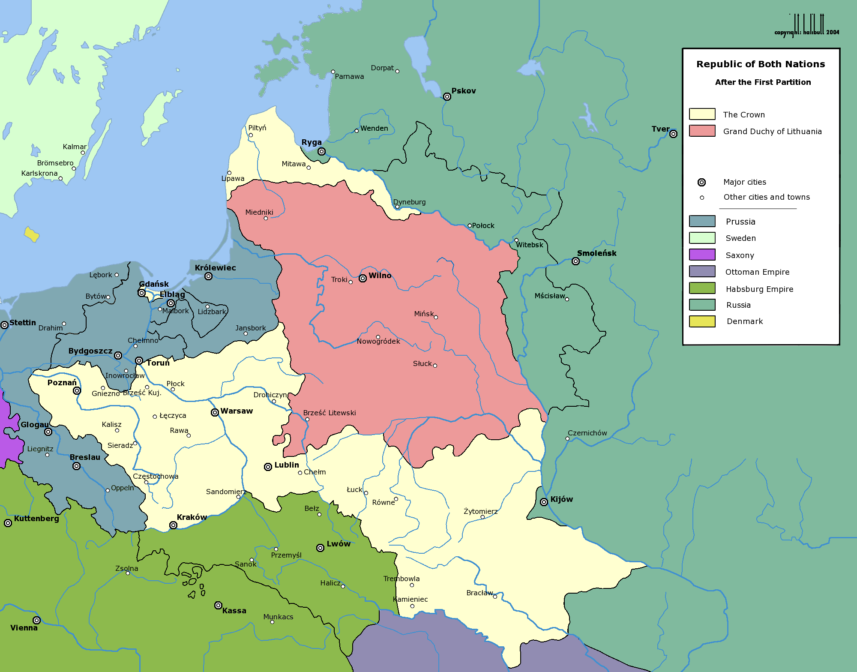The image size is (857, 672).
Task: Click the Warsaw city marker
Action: coord(215,412)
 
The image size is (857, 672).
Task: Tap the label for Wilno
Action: coord(380,276)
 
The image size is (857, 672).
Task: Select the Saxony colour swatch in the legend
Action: coord(702,255)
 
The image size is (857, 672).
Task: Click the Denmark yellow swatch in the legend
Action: coord(702,321)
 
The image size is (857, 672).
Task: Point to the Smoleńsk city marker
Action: coord(575,261)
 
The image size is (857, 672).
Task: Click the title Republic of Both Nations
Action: coord(760,64)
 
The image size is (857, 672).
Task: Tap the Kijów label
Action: coord(561,499)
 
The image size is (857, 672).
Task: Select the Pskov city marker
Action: coord(447,96)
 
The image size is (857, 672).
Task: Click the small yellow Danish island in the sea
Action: coord(32,234)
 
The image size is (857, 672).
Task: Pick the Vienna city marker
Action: coord(37,620)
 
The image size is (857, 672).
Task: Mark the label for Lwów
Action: coord(339,544)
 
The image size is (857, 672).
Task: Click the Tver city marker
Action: coord(673,134)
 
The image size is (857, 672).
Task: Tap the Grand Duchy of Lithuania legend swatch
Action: coord(702,131)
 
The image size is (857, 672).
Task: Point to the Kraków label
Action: coord(192,517)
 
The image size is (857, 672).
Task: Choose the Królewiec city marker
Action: coord(208,276)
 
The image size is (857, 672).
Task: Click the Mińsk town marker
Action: coord(436,317)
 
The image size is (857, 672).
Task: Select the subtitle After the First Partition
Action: coord(763,82)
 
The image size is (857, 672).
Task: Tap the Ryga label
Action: coord(312,142)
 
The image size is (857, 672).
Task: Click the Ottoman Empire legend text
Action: coord(757,272)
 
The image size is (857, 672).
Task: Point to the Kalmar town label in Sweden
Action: coord(75,147)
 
